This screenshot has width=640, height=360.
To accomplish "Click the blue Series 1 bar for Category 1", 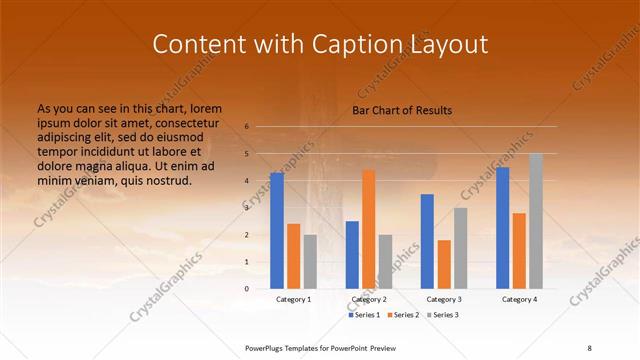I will [x=276, y=231].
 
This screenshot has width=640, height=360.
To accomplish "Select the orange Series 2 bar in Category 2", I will [x=368, y=229].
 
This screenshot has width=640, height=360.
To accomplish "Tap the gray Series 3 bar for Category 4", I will [x=537, y=221].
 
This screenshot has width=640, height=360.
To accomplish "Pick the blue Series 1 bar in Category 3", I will [x=427, y=241].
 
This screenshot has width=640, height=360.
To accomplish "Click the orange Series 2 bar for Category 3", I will [x=444, y=264].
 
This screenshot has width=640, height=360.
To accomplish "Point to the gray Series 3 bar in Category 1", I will [x=310, y=261].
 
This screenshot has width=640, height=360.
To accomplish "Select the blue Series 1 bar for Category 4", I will [x=503, y=228].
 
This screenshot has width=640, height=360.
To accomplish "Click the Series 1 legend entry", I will [x=365, y=315].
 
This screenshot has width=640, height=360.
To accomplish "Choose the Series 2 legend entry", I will [x=402, y=315].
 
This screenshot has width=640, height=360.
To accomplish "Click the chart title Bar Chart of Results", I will [x=402, y=110].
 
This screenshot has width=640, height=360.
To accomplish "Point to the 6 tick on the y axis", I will [x=246, y=127].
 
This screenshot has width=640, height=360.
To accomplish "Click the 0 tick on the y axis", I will [x=246, y=289].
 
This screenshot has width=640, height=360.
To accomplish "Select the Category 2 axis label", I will [x=369, y=299].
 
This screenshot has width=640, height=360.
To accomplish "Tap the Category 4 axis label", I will [x=519, y=299].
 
